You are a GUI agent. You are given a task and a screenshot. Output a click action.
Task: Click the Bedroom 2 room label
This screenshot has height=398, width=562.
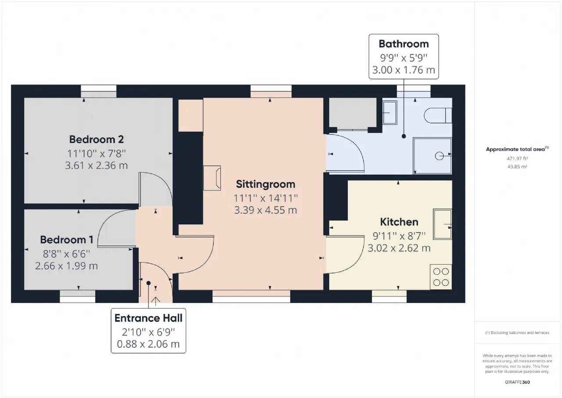coord(96,139)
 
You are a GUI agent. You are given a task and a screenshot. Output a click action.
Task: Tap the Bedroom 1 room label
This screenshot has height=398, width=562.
coord(67,240)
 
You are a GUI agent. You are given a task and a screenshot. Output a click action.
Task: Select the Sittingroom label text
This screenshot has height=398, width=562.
coord(266,184)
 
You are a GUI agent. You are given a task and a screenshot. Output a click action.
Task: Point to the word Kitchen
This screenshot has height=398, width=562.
coord(399,222)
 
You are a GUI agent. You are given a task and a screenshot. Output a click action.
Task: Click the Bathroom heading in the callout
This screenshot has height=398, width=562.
coord(403,44)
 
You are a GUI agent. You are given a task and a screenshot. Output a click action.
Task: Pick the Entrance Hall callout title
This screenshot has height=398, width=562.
coord(148,318)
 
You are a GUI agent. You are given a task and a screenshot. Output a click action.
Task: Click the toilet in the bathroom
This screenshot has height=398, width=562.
coord(438,116)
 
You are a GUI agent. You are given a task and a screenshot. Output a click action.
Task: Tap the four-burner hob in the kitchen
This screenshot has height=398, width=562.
coord(441,277)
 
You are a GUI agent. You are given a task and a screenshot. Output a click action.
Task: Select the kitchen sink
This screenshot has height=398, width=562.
coord(442,224)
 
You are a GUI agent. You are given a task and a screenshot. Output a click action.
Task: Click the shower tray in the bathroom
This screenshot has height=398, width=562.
coord(432,156)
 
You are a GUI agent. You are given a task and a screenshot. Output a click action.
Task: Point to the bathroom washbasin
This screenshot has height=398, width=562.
coord(389,113)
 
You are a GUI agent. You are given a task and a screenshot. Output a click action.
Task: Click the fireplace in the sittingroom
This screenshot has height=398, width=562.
coord(212,178)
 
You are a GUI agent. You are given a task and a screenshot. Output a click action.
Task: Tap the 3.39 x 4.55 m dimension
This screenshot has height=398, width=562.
coord(266,210)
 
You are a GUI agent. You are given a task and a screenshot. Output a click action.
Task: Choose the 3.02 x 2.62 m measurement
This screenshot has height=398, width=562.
coord(399,248)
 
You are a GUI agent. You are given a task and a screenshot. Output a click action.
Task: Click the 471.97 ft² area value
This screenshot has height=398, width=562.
coord(517,159)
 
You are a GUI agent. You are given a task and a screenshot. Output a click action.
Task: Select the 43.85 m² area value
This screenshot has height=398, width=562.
coord(517,167)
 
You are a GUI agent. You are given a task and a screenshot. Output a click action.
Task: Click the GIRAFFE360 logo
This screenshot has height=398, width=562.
coord(517,382)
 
